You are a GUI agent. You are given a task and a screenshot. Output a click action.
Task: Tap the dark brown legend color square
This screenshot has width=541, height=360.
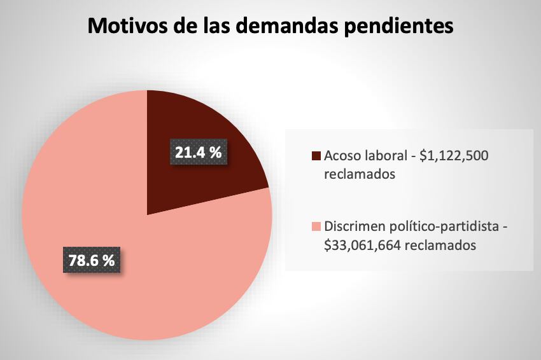tap(316, 156)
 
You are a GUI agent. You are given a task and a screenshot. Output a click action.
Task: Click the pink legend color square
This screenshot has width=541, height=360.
tap(316, 227)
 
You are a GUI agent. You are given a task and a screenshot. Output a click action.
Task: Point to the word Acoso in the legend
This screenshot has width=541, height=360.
tap(342, 156)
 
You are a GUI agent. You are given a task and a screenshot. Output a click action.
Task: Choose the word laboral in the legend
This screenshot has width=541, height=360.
tap(384, 156)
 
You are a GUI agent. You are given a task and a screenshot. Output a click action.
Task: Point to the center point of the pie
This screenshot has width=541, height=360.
tap(147, 215)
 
